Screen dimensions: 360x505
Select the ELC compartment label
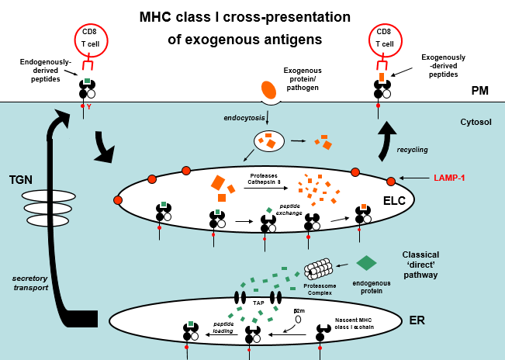tap(395, 201)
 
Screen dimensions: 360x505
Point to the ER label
tap(417, 320)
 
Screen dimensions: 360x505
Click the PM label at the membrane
tap(480, 91)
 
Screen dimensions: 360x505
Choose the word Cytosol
tap(476, 122)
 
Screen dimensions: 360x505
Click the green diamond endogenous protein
tap(366, 263)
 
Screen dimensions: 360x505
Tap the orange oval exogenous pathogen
tap(269, 90)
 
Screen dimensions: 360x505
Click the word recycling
tap(413, 149)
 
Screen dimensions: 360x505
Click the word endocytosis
tap(244, 117)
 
